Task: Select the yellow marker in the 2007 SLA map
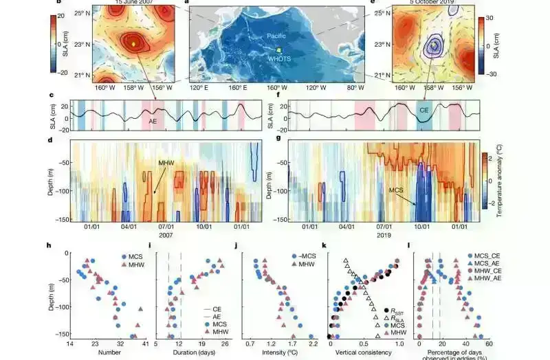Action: [135, 45]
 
